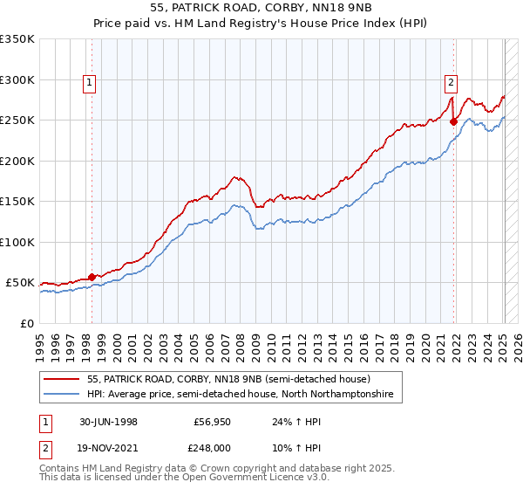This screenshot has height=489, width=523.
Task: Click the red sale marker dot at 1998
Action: pos(92,277)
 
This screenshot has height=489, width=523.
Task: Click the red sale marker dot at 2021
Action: pos(454,121)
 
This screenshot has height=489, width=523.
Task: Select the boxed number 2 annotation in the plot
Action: pos(451,83)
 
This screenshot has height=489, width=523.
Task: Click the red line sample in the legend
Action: pos(61,379)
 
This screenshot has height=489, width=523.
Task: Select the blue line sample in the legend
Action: pos(61,395)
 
